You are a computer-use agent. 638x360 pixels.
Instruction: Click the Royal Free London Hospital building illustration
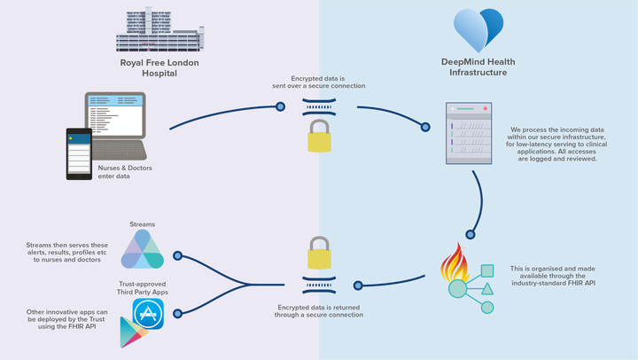159,29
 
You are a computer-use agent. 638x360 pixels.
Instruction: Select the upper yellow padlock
319,136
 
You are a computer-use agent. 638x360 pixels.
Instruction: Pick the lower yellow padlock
319,253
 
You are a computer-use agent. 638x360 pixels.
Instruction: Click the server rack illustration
469,133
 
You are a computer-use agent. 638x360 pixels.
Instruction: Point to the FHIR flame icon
455,262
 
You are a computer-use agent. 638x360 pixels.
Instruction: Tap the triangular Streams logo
143,249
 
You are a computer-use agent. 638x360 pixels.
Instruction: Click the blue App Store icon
148,314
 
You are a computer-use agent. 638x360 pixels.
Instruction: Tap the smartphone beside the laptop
80,154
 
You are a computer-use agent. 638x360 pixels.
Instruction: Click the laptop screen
115,115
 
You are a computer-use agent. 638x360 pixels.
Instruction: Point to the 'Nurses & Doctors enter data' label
125,172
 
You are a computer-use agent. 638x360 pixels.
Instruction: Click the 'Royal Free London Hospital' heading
159,68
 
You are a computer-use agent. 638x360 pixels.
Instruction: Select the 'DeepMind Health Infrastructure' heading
478,67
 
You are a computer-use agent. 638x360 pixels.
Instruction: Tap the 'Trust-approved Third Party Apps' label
143,288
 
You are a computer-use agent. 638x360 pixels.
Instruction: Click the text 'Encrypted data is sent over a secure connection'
319,82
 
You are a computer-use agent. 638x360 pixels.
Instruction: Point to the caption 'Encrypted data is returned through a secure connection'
319,311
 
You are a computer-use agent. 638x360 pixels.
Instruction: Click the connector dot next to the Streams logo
177,255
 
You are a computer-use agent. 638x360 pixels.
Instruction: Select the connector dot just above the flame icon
471,235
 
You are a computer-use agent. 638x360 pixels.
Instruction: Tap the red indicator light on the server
485,109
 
